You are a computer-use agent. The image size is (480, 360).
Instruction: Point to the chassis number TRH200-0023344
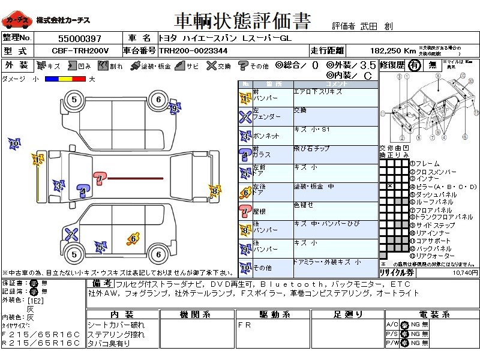pyautogui.click(x=193, y=50)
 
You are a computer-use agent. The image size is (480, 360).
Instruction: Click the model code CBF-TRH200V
pyautogui.click(x=80, y=50)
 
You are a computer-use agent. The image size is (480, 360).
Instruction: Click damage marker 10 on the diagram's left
pyautogui.click(x=14, y=144)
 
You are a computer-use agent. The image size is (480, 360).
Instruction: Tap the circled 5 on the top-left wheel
pyautogui.click(x=74, y=100)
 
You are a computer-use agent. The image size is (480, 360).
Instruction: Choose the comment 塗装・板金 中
pyautogui.click(x=314, y=187)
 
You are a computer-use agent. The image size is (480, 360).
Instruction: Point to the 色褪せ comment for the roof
pyautogui.click(x=304, y=205)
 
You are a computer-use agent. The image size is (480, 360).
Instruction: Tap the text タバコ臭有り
pyautogui.click(x=109, y=343)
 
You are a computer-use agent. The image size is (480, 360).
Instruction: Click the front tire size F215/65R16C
pyautogui.click(x=41, y=334)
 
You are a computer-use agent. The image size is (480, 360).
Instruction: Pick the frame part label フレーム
pyautogui.click(x=427, y=164)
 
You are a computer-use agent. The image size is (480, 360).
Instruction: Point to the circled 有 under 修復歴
pyautogui.click(x=413, y=66)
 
